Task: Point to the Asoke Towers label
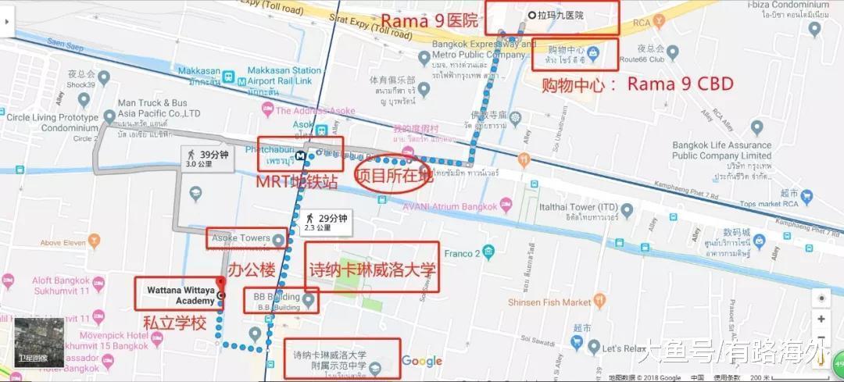pyautogui.click(x=238, y=237)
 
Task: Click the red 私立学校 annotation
pyautogui.click(x=173, y=323)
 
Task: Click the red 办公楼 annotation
pyautogui.click(x=252, y=271)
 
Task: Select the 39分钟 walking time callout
pyautogui.click(x=208, y=159)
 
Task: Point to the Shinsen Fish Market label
pyautogui.click(x=549, y=302)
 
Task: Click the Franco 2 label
pyautogui.click(x=462, y=253)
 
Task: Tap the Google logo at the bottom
pyautogui.click(x=422, y=361)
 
